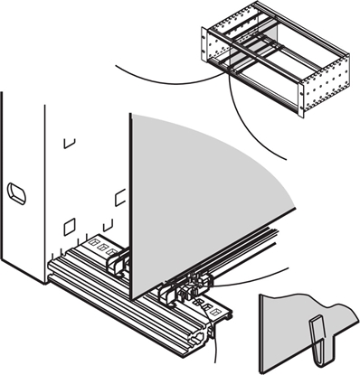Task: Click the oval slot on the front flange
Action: [18, 192]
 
